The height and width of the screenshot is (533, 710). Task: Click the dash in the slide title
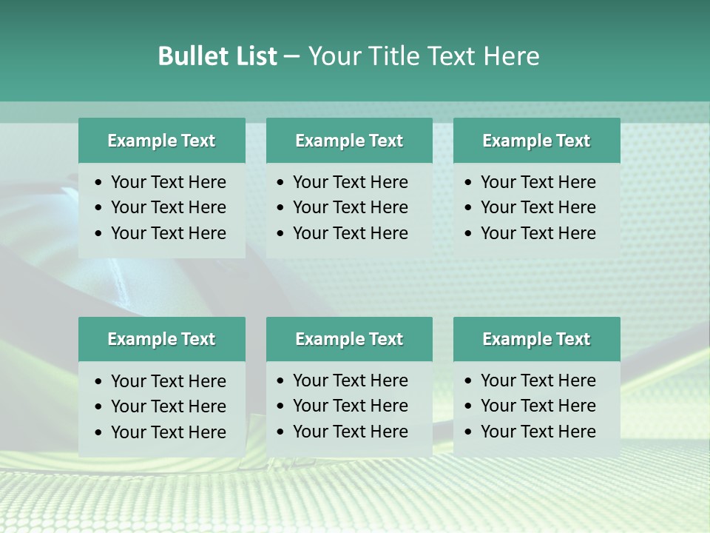click(x=291, y=57)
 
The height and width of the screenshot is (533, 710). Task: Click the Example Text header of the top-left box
click(x=161, y=141)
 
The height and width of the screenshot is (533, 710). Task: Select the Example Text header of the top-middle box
click(x=349, y=141)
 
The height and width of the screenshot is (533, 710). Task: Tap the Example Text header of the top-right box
click(x=536, y=141)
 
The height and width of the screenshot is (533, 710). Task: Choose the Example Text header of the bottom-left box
click(x=161, y=339)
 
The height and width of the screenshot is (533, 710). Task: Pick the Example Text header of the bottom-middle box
click(x=349, y=339)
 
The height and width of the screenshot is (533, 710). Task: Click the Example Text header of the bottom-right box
click(x=536, y=339)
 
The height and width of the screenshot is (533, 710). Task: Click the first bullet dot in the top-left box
click(x=99, y=183)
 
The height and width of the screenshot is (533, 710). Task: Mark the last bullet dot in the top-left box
click(x=99, y=234)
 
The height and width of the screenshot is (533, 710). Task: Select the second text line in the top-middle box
click(x=350, y=207)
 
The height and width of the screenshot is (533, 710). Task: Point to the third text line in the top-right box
click(x=538, y=233)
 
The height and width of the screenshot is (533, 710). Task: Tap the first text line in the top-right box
click(x=538, y=182)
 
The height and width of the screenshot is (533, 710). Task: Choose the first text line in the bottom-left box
click(x=168, y=381)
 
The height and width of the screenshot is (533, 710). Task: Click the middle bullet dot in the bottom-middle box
click(x=281, y=406)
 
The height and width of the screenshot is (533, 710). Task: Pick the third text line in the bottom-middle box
click(x=350, y=432)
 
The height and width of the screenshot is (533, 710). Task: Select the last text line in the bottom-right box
click(x=538, y=432)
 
